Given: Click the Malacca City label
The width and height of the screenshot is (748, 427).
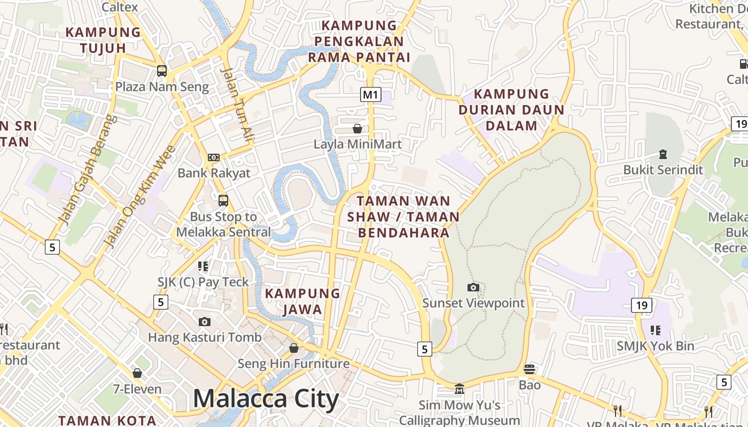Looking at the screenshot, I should tap(266, 399).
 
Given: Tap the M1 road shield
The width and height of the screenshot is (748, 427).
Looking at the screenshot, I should tap(370, 95).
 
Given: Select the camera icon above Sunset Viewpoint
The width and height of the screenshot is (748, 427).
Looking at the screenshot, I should tap(473, 288).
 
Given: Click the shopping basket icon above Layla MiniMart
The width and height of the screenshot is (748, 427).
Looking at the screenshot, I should tap(357, 129).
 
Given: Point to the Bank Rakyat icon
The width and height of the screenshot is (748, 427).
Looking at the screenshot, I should tap(213, 157).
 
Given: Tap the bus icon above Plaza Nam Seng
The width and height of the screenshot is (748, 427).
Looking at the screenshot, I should tap(161, 70).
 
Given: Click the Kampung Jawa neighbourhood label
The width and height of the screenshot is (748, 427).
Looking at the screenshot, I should tap(302, 301).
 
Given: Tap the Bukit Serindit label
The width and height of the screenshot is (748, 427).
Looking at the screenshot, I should tap(663, 170).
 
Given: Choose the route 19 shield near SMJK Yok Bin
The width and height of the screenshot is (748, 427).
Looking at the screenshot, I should tap(641, 305).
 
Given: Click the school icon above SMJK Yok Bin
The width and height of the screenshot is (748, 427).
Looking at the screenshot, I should tap(656, 330).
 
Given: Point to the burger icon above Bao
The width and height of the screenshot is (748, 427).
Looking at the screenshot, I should tap(529, 369).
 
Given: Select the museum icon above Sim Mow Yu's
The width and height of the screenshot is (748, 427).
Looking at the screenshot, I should tap(459, 389).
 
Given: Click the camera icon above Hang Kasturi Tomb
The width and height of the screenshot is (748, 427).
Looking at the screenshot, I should tap(204, 322).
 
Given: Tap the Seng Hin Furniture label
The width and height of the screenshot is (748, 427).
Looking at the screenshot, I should tap(293, 364).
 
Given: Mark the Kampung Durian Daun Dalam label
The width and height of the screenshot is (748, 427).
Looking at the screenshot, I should tap(511, 109).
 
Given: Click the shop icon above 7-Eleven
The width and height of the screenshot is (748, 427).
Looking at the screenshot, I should tap(137, 373).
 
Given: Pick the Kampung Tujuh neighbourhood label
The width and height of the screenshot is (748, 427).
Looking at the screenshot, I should tap(103, 40).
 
